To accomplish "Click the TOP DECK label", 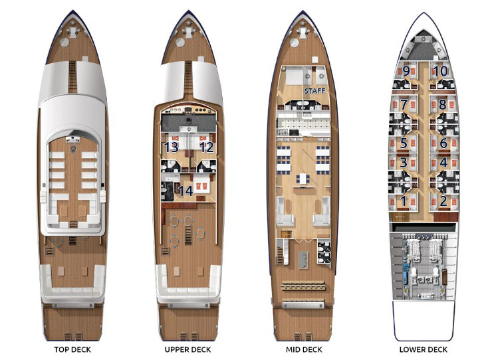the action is coord(72,349).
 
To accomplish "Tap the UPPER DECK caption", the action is coord(187,349).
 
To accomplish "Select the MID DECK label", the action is coord(304,349).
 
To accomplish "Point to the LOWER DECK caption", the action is coord(423,349).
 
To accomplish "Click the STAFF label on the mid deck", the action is coord(315,91).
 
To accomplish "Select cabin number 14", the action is coord(186,191).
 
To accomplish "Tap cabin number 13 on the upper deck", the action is coord(172,147).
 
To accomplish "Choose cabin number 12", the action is coord(207,147).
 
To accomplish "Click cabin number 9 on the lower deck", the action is coord(406,71).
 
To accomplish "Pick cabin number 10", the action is coord(441,71).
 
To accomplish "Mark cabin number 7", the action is coord(404,104).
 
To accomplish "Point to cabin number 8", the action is coord(443,104).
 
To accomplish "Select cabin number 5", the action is coord(404,143).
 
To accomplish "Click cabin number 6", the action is coord(443,143).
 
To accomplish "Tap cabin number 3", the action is coord(404,163).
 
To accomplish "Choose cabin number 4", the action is coord(443,163).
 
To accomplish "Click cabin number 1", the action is coord(404,201).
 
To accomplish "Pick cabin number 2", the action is coord(443,201).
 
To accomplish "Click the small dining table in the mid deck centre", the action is coord(303,179).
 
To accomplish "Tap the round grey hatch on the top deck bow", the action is coord(64,43).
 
